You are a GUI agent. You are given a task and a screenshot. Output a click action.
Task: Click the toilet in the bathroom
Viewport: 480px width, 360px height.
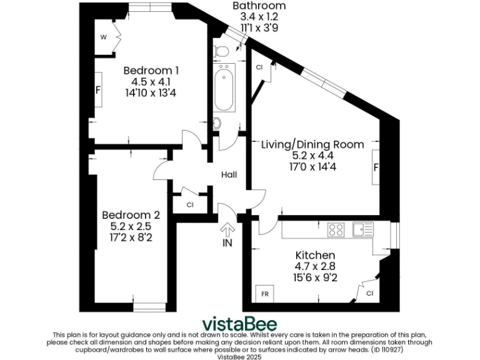(221, 51)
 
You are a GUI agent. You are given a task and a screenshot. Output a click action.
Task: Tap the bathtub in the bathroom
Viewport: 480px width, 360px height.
(224, 87)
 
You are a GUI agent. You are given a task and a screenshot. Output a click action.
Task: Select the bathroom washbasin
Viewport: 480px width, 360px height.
(217, 123)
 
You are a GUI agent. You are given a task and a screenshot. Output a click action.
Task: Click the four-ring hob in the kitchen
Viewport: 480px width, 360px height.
(336, 230)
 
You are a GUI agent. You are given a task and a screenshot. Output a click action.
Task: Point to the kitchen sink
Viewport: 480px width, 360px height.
(363, 229)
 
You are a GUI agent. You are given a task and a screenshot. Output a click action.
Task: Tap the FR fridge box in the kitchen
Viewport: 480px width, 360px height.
(264, 294)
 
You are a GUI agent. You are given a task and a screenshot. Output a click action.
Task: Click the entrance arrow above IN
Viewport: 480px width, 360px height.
(227, 230)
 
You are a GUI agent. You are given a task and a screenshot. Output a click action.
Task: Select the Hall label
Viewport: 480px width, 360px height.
(229, 175)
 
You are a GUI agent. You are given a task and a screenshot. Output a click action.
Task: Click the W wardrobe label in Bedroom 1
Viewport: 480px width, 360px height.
(104, 37)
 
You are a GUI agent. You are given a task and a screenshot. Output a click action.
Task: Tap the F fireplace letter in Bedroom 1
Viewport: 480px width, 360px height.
(98, 90)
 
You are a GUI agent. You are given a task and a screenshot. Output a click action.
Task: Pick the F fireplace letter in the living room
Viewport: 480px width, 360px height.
(376, 167)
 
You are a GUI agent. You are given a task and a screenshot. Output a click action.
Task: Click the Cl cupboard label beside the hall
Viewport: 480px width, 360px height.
(190, 205)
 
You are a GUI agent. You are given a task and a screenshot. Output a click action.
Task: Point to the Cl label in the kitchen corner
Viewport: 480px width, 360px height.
(370, 293)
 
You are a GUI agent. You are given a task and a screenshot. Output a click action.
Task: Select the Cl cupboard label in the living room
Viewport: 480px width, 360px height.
(259, 67)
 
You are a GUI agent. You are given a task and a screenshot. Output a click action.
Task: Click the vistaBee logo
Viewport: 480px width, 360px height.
(239, 324)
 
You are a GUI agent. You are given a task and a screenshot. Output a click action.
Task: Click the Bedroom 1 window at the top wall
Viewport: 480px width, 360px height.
(150, 7)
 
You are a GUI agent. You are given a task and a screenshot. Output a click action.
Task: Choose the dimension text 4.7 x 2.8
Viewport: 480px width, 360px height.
(315, 266)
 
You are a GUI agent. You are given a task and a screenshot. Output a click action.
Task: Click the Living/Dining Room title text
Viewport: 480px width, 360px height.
(312, 144)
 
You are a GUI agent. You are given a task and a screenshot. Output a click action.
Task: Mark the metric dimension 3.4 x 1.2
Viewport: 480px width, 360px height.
(259, 16)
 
